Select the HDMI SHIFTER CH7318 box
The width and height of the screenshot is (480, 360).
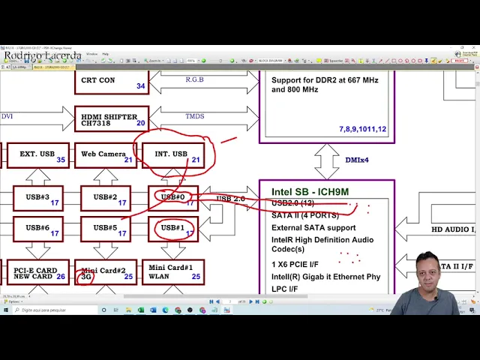click(x=112, y=119)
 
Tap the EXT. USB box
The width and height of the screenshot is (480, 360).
click(x=37, y=155)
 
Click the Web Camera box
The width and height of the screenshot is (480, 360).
click(x=106, y=155)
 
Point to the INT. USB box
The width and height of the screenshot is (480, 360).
click(x=173, y=155)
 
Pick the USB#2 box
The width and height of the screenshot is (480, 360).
click(x=106, y=199)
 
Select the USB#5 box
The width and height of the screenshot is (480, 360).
click(x=106, y=229)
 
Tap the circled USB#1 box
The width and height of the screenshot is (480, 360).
click(x=173, y=229)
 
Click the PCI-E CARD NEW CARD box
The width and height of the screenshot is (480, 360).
click(x=37, y=273)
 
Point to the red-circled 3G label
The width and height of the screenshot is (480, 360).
click(x=87, y=277)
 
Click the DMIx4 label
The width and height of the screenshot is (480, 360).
click(x=356, y=160)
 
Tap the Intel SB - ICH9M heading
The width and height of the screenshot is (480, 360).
click(x=310, y=192)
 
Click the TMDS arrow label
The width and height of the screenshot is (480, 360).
click(x=195, y=116)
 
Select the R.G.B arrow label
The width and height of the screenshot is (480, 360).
click(x=196, y=79)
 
